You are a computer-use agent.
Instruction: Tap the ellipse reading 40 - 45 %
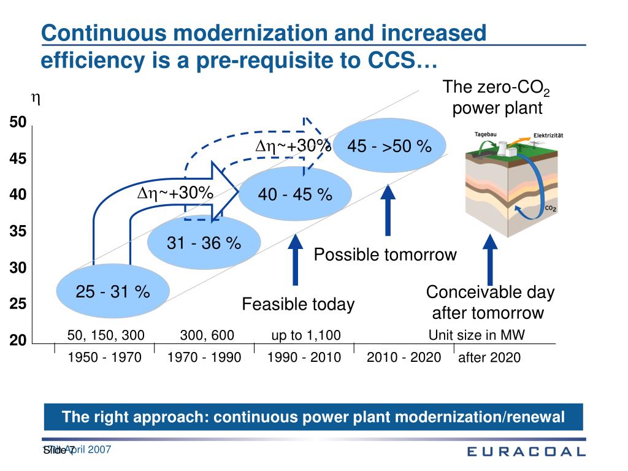(x=295, y=194)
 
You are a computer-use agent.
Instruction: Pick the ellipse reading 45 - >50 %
(x=389, y=147)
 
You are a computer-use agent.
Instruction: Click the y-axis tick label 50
(x=18, y=123)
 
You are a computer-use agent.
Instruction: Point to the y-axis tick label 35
(x=18, y=232)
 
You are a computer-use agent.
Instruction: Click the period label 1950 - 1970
(x=104, y=357)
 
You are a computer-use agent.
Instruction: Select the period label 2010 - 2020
(x=404, y=357)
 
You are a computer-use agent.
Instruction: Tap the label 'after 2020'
(x=489, y=358)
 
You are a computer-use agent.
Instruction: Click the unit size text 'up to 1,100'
(x=305, y=335)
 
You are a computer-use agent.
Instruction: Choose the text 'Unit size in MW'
(x=477, y=335)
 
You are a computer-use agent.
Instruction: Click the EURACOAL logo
(x=526, y=452)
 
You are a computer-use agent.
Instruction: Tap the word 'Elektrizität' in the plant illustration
(x=548, y=135)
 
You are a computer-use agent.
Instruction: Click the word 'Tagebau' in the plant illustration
(x=486, y=134)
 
